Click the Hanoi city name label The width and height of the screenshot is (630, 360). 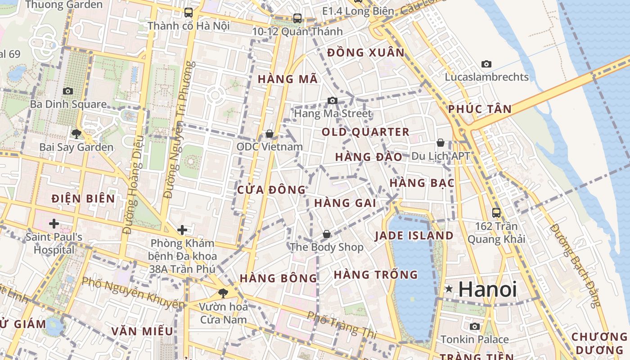(487, 289)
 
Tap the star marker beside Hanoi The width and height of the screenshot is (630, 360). (449, 289)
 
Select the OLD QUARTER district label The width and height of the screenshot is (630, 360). (365, 132)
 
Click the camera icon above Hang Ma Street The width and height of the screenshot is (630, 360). (333, 100)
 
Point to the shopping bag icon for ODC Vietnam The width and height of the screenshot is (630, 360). (270, 134)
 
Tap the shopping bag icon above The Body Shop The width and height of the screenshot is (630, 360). (327, 234)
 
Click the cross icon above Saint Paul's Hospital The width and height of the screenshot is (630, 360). (54, 223)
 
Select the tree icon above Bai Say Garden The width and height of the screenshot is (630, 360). (76, 134)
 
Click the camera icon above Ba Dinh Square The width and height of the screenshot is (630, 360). (68, 91)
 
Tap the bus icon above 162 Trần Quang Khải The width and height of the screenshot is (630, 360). (496, 212)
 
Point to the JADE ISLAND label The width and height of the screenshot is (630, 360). (414, 235)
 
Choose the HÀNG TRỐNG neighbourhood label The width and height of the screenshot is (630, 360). (376, 274)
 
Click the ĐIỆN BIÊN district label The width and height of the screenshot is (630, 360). (83, 198)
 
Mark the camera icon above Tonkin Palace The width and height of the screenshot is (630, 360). (474, 326)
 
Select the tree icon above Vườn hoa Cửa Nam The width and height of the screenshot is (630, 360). (223, 293)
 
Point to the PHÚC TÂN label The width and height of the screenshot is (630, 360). (480, 109)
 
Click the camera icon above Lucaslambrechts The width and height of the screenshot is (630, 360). (486, 64)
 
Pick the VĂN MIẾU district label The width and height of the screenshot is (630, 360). (142, 331)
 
